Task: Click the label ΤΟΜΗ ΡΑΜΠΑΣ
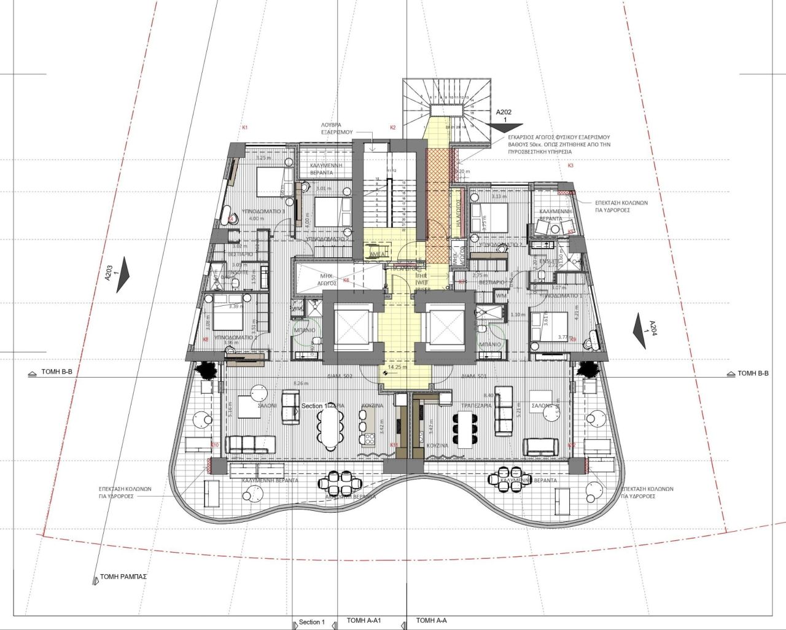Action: tap(124, 577)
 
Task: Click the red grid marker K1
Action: tap(244, 128)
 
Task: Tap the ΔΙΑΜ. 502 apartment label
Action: tap(340, 375)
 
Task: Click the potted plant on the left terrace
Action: tap(204, 369)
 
